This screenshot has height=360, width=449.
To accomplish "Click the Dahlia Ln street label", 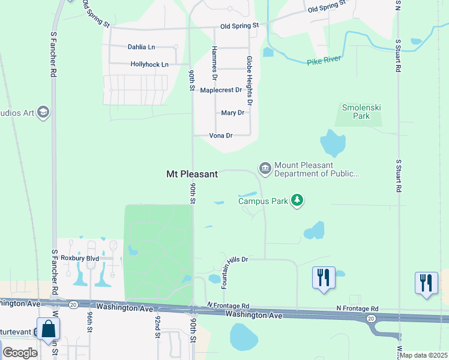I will coord(141,47).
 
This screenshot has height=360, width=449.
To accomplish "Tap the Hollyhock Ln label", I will coord(149,64).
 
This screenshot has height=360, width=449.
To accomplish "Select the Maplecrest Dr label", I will coord(221,90).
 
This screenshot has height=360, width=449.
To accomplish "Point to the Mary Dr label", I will coord(232,113).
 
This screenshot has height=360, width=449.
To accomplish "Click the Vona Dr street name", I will coord(220,136).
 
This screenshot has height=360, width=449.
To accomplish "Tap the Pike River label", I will coord(324,59).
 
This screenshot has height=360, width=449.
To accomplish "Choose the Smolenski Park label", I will coord(361,112).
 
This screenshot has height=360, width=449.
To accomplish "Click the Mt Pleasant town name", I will coord(191,174).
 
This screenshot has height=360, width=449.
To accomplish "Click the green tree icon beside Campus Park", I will coord(297,200).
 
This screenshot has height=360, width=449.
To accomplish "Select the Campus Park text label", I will coord(262,201).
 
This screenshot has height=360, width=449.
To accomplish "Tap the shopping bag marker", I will coord(47,329).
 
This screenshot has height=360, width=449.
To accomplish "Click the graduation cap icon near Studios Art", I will coord(43,112).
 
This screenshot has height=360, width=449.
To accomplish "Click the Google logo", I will coord(20,353).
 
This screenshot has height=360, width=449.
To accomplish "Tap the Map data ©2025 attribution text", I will coord(423,355).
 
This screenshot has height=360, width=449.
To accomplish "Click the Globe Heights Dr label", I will coord(250,82).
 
